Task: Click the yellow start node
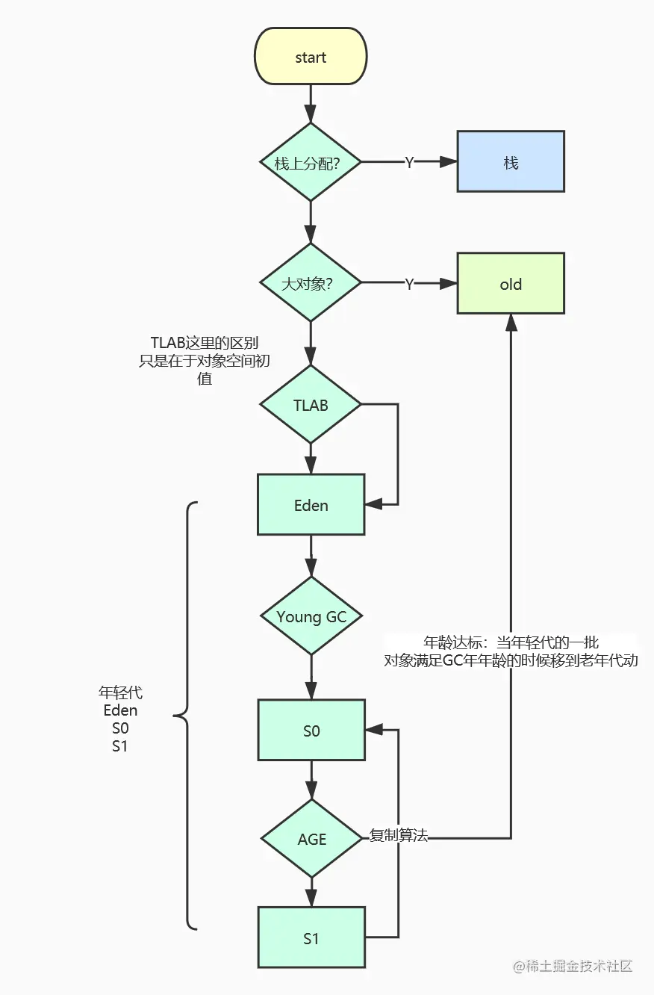[311, 58]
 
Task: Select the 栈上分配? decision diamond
[311, 162]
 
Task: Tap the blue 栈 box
[511, 162]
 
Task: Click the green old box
[511, 284]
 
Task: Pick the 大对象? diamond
[311, 283]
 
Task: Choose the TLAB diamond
[311, 405]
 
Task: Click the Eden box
[311, 505]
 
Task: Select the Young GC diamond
[311, 616]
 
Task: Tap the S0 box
[311, 731]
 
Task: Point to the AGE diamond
[311, 839]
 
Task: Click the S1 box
[311, 937]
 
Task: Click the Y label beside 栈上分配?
[409, 163]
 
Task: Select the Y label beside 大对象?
[409, 284]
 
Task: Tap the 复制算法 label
[399, 837]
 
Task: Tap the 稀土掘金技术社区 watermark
[573, 966]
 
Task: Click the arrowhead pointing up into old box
[511, 321]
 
